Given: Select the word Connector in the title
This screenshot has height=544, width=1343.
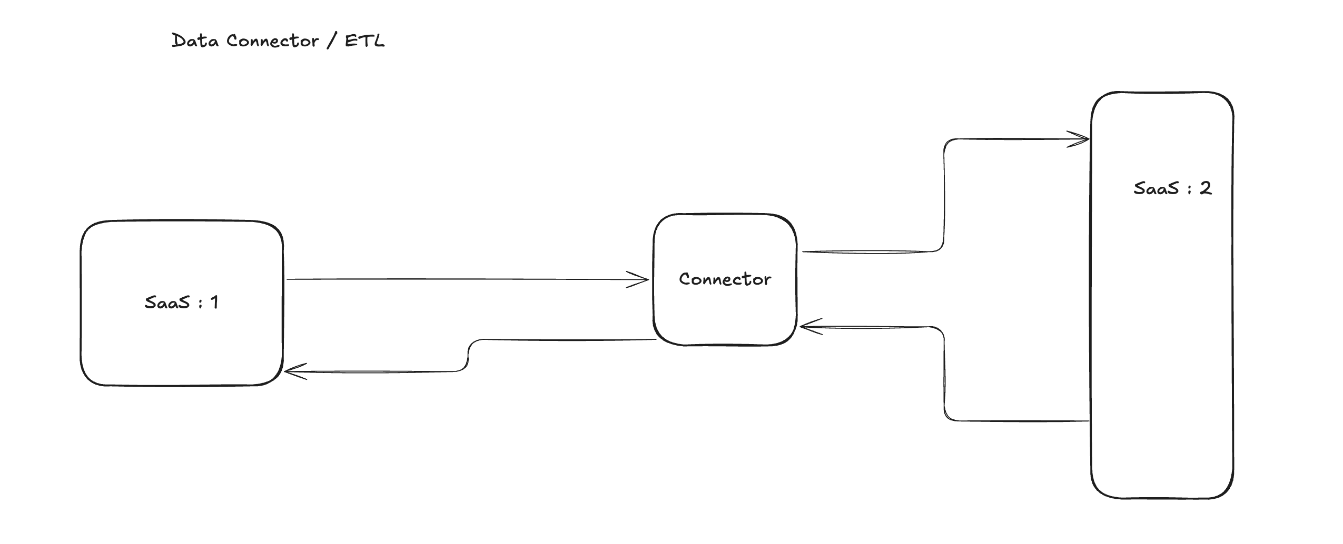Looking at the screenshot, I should (x=272, y=41).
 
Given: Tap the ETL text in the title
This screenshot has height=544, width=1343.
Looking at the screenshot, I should (x=364, y=41).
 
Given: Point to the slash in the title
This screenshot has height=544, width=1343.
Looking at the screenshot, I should (x=331, y=41).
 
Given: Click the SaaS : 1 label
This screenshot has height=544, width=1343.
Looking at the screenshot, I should (x=181, y=303).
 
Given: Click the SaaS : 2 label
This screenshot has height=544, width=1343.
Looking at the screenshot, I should (x=1172, y=188).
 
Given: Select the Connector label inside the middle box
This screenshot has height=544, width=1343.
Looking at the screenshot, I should (x=725, y=279).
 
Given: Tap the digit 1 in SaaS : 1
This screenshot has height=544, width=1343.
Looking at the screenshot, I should (x=214, y=303).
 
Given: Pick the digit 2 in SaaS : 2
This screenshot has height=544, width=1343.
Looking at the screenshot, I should (x=1206, y=188).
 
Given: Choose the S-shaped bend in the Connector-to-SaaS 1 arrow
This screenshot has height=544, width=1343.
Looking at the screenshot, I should (x=468, y=356).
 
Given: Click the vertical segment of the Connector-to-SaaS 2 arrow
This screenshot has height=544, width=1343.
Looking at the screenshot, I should (x=944, y=195).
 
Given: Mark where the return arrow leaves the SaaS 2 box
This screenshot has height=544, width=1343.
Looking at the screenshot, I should (x=1088, y=421).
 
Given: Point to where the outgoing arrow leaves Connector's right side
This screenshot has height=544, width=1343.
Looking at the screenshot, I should (x=804, y=251).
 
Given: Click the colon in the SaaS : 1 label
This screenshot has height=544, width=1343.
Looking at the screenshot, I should (x=200, y=303).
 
